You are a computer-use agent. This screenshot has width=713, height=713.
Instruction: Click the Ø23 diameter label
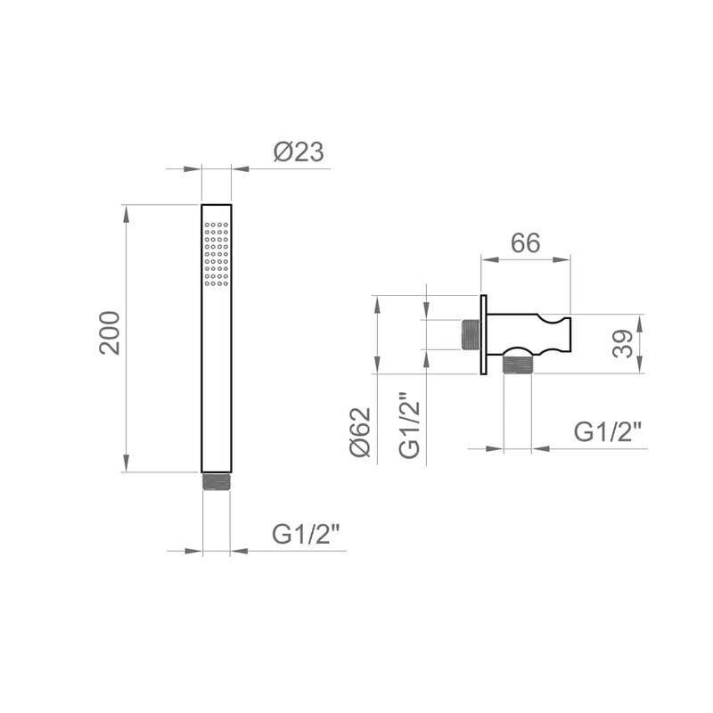pos(298,152)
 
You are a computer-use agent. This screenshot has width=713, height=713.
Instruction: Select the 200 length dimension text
pos(110,332)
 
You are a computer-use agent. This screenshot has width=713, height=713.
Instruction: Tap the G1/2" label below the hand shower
pos(307,535)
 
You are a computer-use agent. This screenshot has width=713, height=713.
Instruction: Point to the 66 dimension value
pos(525,242)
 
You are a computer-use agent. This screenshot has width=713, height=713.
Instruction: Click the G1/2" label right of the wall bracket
pos(608,432)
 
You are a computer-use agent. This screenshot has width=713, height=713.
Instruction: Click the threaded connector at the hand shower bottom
pos(217,481)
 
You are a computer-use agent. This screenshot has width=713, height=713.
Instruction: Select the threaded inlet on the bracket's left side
pos(470,334)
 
